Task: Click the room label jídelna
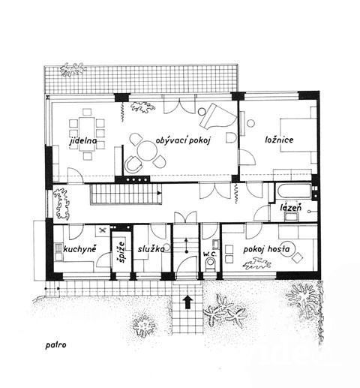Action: coord(83,141)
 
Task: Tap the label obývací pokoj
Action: coord(183,140)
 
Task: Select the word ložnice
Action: coord(279,140)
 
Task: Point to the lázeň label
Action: coord(291,207)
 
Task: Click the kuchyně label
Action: coord(79,249)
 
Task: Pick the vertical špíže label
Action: coord(121,252)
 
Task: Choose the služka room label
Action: coord(151,249)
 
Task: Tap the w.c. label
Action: coord(209,254)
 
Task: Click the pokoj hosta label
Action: coord(266,249)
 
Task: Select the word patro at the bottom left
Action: coord(55,345)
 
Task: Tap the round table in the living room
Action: coord(147,151)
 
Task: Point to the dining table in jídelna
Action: coord(87,134)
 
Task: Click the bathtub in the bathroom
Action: coord(293,192)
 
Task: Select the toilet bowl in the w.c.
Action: coord(210,264)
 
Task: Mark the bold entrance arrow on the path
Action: coord(187,302)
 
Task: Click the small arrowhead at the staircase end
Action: coord(159,193)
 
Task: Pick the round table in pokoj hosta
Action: coord(288,249)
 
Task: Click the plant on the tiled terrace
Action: coord(72,69)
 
